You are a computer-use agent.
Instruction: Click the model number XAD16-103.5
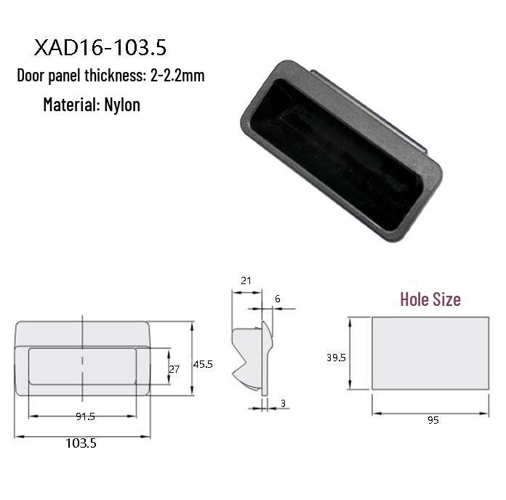click(100, 48)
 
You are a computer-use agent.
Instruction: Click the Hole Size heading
click(430, 299)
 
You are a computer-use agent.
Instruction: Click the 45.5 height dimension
click(202, 364)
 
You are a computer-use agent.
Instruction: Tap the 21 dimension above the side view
click(245, 281)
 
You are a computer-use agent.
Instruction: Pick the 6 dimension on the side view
click(277, 299)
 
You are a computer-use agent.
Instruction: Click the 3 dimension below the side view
click(281, 403)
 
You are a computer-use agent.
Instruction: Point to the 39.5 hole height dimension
click(336, 358)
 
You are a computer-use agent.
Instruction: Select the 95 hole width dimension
click(433, 421)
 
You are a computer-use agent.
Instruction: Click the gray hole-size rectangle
click(430, 353)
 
